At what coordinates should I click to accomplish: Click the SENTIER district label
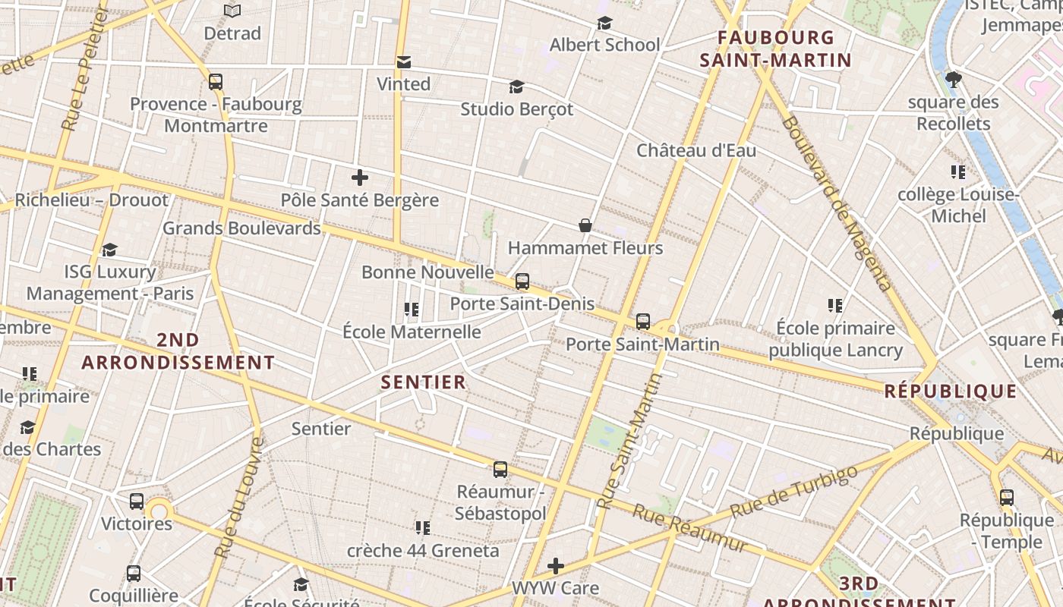coord(424,382)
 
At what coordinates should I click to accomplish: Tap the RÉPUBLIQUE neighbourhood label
coord(950,392)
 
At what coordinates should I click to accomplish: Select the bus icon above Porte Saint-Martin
coord(643,322)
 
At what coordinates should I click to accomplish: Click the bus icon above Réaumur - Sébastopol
coord(500,469)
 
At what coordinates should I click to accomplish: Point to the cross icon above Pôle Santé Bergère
coord(360,178)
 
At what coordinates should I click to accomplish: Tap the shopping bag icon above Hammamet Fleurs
coord(585,225)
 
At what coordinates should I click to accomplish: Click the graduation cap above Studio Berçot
coord(516,86)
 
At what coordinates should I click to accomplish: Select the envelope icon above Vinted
coord(404,61)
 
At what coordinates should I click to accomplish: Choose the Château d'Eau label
coord(696,150)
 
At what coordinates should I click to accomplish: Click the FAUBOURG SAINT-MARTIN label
coord(775,49)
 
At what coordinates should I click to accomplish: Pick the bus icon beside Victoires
coord(137,501)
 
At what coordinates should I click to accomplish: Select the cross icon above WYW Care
coord(556,565)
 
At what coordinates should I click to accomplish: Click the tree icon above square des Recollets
coord(954,79)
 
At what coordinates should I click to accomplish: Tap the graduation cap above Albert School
coord(604,23)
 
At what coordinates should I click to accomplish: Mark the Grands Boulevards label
coord(241,228)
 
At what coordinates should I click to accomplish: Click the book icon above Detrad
coord(232,11)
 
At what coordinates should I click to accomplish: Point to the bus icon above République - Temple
coord(1007,498)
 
